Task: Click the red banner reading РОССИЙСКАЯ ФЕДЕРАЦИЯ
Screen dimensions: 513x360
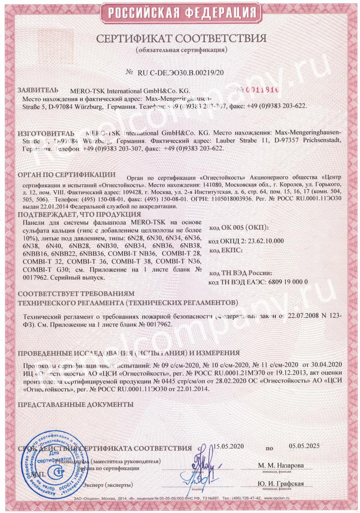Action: click(x=180, y=12)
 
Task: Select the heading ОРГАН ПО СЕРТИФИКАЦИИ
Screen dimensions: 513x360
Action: click(x=66, y=174)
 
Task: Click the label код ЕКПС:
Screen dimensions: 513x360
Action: click(x=226, y=250)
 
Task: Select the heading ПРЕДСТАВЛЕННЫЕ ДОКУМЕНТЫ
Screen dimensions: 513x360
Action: click(x=75, y=405)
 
